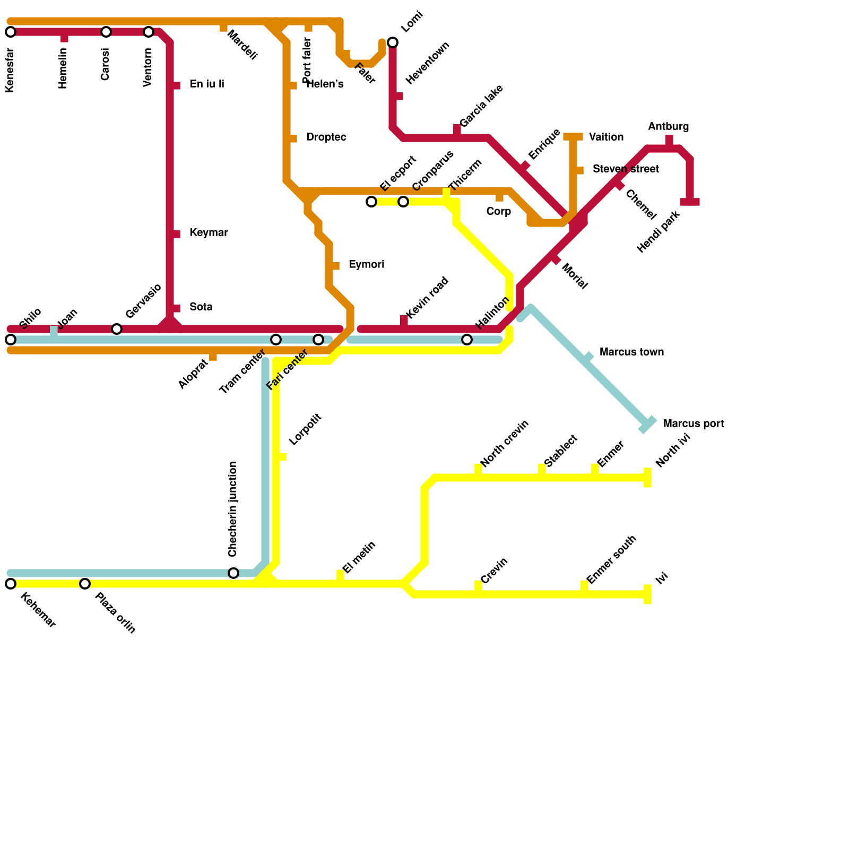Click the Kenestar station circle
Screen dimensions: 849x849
11,32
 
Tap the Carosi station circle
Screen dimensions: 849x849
106,32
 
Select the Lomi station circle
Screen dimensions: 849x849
393,42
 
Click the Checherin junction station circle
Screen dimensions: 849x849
233,573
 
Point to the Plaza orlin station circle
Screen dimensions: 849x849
85,584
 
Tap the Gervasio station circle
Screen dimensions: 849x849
117,329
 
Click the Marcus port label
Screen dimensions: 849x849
693,424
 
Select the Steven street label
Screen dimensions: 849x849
626,169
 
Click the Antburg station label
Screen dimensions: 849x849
668,127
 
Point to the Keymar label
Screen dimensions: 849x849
209,233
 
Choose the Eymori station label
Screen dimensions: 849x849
367,265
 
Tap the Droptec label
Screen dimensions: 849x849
326,137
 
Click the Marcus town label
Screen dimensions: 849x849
631,352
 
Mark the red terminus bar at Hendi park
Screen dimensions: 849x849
690,202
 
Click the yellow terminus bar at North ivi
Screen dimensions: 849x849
647,478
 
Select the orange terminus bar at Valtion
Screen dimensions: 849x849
573,137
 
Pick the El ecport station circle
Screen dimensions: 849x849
371,202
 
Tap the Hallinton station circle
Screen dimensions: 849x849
467,340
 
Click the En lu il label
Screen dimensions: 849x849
207,84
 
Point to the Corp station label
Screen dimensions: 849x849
498,212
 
